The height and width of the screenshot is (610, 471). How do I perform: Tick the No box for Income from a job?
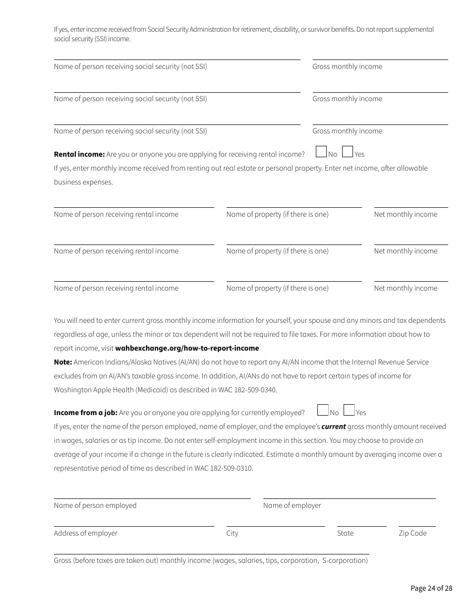323,410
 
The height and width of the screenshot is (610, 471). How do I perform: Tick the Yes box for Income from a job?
349,410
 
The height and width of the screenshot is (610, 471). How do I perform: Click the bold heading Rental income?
79,154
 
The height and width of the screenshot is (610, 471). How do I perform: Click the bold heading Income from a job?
85,413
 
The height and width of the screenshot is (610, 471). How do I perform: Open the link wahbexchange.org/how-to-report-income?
187,348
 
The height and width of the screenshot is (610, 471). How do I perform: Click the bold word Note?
63,362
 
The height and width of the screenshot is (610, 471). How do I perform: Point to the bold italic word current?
333,427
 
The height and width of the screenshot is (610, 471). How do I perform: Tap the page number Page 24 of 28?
431,588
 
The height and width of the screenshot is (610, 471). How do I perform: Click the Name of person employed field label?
95,505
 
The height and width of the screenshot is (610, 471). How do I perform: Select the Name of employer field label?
292,505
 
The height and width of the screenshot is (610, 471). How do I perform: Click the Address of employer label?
86,533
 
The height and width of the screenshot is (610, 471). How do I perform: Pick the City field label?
232,533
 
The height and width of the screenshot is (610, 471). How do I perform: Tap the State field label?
345,533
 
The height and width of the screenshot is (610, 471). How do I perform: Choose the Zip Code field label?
412,533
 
